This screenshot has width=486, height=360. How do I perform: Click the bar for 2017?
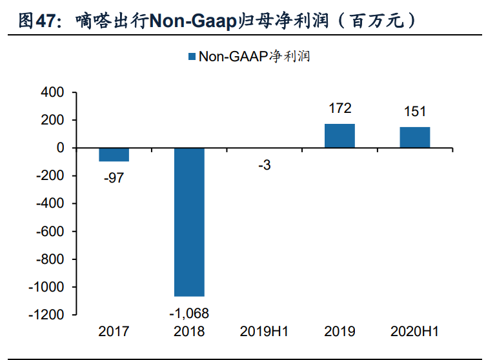tap(114, 155)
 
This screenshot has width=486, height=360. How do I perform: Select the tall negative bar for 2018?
tap(189, 222)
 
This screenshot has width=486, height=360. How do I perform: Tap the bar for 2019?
tap(339, 135)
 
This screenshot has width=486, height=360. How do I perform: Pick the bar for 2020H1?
tap(414, 137)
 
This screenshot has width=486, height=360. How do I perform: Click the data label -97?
tap(114, 178)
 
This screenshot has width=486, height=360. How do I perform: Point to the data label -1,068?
tap(189, 313)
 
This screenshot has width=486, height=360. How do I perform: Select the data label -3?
tap(265, 166)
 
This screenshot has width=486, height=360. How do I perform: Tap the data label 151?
tap(414, 112)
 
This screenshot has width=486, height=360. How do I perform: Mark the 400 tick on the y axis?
tap(52, 93)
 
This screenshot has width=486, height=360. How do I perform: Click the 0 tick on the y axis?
tap(60, 148)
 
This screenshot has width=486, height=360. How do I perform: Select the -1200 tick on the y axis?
tap(49, 315)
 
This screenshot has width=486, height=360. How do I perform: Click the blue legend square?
tap(191, 57)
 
